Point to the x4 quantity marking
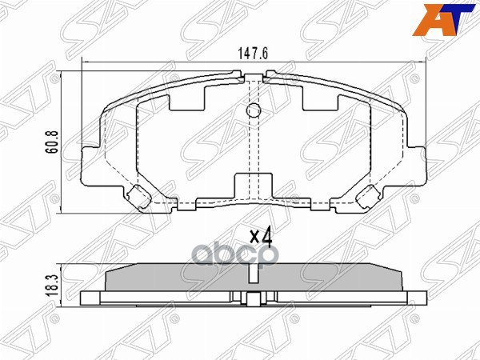[261, 237]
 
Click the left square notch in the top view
[190, 98]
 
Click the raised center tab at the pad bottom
[253, 186]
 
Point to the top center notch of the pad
[254, 78]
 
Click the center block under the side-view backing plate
[254, 301]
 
